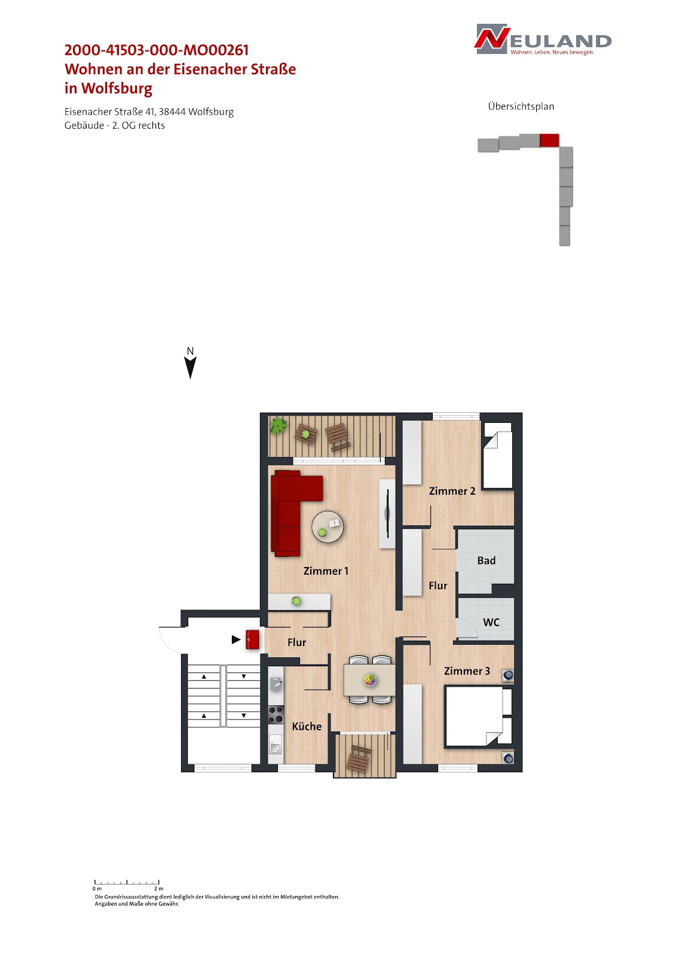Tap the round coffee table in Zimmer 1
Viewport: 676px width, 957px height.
[x=328, y=527]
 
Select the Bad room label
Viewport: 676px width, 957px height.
[x=487, y=560]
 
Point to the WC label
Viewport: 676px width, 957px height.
[x=491, y=622]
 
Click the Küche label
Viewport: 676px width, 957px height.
[x=307, y=726]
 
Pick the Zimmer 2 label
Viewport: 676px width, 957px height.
[x=452, y=491]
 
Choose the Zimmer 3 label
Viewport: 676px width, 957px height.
[x=467, y=670]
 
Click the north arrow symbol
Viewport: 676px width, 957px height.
[x=191, y=367]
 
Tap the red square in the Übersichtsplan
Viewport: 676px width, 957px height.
[x=549, y=140]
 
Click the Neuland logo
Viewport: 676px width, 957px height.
[x=543, y=39]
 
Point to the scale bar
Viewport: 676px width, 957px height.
[x=127, y=882]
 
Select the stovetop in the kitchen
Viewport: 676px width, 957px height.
[x=276, y=714]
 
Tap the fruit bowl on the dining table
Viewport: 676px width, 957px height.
[x=370, y=679]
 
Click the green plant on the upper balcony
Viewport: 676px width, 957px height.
[x=278, y=425]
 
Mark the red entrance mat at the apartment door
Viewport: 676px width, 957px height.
[x=252, y=639]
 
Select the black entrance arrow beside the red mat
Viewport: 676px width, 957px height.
[x=236, y=639]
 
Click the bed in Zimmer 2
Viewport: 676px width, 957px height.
[x=497, y=455]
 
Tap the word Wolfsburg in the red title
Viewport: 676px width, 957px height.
[x=117, y=89]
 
